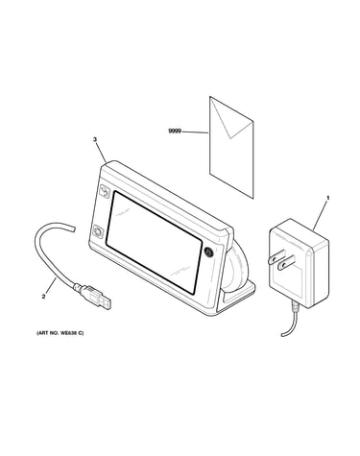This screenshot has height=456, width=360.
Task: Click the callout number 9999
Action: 175,132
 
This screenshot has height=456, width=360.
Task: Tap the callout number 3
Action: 95,139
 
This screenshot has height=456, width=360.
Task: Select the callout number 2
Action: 43,297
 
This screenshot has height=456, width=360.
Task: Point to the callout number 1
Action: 327,198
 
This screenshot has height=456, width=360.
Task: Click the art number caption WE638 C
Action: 60,333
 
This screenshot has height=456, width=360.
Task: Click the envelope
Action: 231,147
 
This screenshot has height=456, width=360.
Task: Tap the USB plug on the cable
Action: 93,296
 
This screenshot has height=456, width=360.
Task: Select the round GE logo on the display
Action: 207,252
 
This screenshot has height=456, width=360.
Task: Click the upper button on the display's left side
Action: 105,192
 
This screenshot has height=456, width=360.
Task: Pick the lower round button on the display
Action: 98,231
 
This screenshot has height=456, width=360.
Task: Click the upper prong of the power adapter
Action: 276,256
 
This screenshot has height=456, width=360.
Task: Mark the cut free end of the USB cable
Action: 75,228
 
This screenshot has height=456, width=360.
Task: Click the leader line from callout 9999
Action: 195,132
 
